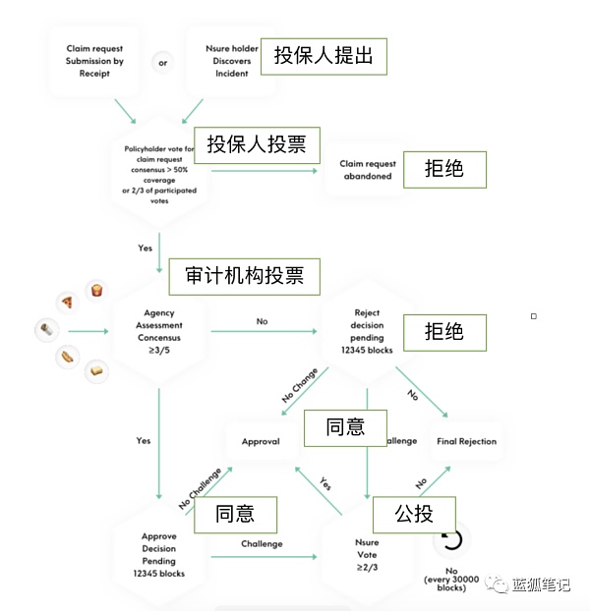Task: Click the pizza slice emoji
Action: (67, 302)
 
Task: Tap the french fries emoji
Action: (96, 289)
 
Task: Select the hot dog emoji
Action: (67, 356)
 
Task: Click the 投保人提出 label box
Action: (324, 55)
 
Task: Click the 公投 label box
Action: (414, 513)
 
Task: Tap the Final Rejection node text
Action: (466, 442)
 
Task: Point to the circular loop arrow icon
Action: (452, 540)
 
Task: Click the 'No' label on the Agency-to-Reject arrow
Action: (262, 321)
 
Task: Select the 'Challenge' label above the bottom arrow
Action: (262, 544)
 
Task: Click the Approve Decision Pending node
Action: (159, 555)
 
